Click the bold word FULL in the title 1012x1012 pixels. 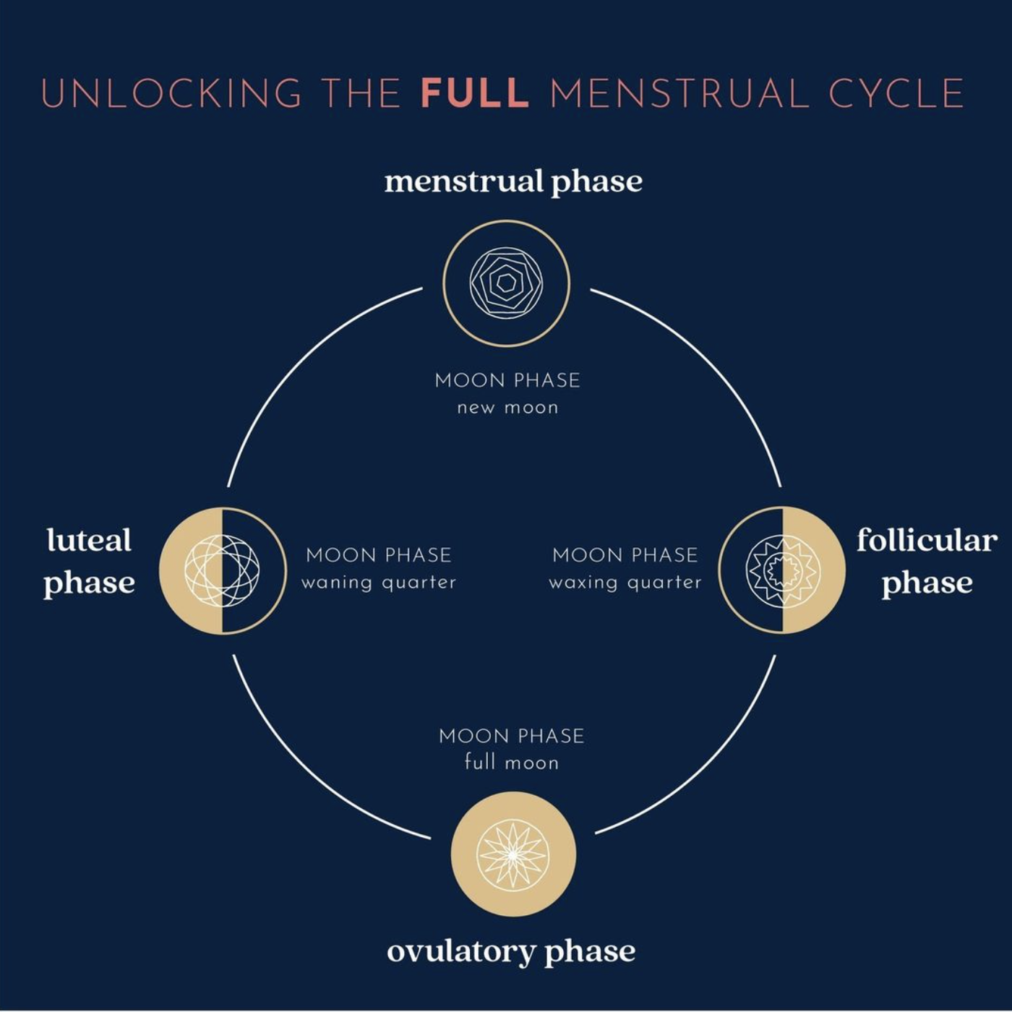[x=474, y=93]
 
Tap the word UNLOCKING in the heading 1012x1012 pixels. [x=171, y=93]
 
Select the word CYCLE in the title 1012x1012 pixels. [x=896, y=93]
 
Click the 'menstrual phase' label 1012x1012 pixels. [x=513, y=183]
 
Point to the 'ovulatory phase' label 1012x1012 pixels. [x=511, y=951]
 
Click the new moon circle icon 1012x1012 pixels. [x=506, y=283]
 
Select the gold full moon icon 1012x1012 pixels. [x=513, y=854]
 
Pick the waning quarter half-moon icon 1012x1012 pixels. [x=223, y=571]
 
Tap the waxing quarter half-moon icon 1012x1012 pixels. [x=782, y=570]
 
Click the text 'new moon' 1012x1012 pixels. [x=507, y=408]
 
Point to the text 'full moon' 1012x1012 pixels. [x=512, y=762]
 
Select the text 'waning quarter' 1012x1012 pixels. [x=379, y=583]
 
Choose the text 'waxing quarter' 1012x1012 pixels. [x=625, y=583]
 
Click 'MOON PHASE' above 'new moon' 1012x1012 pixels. [x=507, y=380]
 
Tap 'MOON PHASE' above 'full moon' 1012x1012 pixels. [x=512, y=737]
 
